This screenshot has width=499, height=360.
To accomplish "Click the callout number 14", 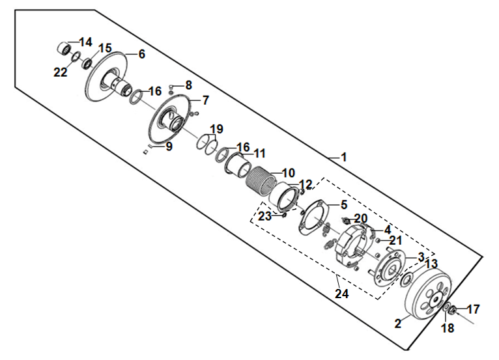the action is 85,42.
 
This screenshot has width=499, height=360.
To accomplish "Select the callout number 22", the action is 61,72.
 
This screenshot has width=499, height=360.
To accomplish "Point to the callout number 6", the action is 141,54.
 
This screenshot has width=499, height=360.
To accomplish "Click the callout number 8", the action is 188,85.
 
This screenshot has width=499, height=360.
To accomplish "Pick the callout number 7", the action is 206,100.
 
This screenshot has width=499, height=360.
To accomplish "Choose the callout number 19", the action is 216,129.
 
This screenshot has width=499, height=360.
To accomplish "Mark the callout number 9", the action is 169,146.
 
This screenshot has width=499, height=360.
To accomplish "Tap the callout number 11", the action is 259,153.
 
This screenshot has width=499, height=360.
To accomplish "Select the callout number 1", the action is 343,157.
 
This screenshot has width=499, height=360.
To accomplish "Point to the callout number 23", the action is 264,216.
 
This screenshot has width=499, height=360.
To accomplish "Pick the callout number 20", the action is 360,218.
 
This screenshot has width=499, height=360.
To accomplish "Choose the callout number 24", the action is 342,294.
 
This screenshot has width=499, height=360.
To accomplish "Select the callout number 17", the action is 474,309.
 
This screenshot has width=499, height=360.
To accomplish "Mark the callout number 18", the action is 448,327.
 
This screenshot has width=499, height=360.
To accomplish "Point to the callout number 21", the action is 395,240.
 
